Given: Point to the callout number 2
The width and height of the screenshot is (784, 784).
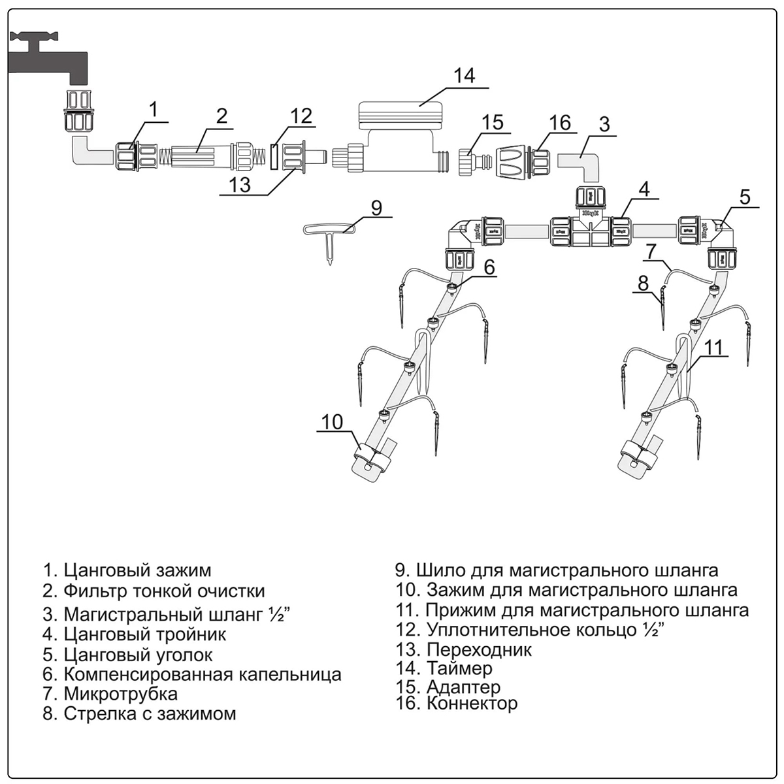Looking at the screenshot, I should coord(222,116).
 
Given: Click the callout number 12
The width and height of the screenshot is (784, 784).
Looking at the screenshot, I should coord(301,116).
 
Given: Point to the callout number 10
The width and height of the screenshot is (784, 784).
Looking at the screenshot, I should coord(333,421).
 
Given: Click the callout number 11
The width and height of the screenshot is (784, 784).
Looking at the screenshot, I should coord(716,347).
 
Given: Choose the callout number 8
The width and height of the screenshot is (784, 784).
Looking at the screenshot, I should coord(644,283).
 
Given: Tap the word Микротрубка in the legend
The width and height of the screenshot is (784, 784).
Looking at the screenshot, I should coord(120,693).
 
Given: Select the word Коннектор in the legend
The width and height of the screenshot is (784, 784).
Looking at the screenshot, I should coord(472,704).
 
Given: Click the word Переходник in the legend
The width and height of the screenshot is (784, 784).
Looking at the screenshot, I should coord(479,649).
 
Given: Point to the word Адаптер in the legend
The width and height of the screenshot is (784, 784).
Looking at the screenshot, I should coord(463,687).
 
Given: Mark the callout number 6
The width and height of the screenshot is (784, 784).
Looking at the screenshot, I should coord(489,267).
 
